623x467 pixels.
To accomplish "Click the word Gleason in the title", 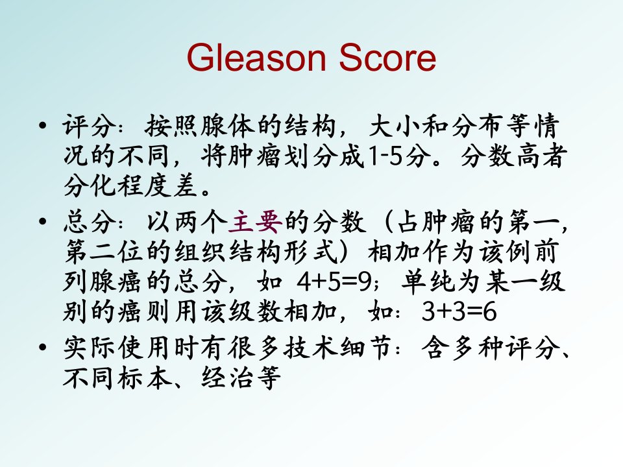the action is coord(256,58).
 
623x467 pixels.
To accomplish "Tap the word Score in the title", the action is coord(387,58).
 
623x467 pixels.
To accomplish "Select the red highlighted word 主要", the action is coord(256,222).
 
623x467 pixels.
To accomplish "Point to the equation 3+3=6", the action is coord(459,311).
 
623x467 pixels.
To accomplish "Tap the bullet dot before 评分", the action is coord(43,126).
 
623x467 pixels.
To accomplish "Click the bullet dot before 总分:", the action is coord(43,221).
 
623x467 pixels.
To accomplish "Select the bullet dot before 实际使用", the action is coord(43,348).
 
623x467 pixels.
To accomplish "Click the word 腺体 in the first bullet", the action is coord(227,126).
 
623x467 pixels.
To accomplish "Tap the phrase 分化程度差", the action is coord(131,186).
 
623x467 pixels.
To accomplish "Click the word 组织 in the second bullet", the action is coord(201,252).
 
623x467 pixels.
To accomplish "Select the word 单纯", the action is coord(428,281).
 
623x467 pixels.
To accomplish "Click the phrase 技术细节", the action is coord(338,348).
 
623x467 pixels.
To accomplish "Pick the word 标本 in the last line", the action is coord(144,377).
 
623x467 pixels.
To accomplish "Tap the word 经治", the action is coord(228,377).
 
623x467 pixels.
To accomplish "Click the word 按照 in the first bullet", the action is coord(171,126).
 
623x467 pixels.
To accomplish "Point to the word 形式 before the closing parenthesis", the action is coord(311,252).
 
